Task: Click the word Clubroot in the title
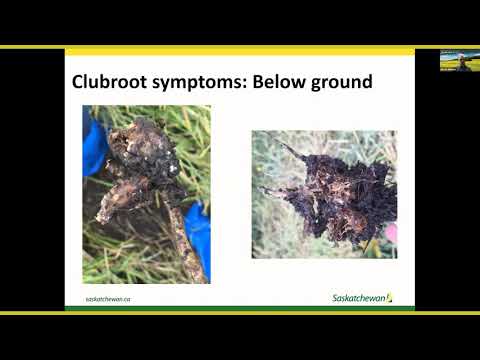[107, 81]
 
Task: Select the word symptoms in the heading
[196, 81]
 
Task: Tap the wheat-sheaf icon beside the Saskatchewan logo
[389, 297]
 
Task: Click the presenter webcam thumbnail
[459, 60]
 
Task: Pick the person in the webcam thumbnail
[462, 63]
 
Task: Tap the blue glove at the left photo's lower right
[199, 235]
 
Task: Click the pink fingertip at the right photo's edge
[391, 233]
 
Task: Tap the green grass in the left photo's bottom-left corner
[100, 265]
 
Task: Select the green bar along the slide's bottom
[240, 309]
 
